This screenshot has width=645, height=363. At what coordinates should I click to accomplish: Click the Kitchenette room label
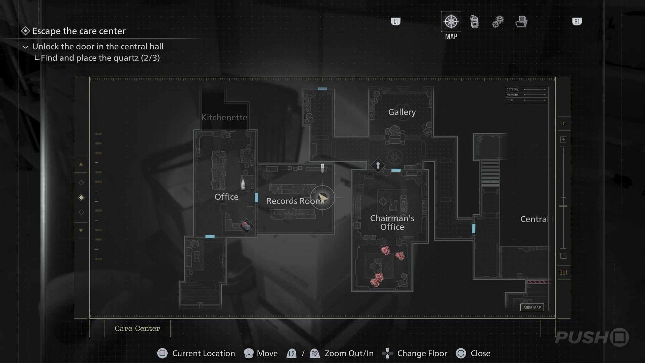pyautogui.click(x=224, y=117)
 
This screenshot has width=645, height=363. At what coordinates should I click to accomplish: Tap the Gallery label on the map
pyautogui.click(x=402, y=112)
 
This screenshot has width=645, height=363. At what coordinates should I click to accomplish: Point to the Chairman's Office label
pyautogui.click(x=392, y=223)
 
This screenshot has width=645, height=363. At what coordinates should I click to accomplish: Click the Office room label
pyautogui.click(x=226, y=197)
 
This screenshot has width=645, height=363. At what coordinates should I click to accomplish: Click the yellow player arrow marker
pyautogui.click(x=322, y=198)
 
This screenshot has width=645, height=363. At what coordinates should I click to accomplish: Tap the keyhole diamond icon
pyautogui.click(x=378, y=165)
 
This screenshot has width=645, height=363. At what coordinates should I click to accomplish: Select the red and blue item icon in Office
pyautogui.click(x=247, y=226)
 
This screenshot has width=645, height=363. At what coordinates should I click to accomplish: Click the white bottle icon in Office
pyautogui.click(x=243, y=184)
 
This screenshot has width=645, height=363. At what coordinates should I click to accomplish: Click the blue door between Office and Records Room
pyautogui.click(x=256, y=198)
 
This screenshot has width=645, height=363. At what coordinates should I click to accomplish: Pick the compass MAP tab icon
pyautogui.click(x=451, y=22)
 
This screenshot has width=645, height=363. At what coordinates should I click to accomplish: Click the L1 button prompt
pyautogui.click(x=396, y=22)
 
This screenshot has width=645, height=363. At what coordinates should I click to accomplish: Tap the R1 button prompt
pyautogui.click(x=577, y=22)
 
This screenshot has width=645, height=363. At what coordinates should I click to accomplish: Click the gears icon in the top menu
pyautogui.click(x=498, y=22)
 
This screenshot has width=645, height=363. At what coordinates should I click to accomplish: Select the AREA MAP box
pyautogui.click(x=532, y=308)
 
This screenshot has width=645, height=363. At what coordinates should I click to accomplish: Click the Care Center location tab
pyautogui.click(x=137, y=329)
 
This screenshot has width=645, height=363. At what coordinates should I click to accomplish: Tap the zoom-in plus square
pyautogui.click(x=563, y=139)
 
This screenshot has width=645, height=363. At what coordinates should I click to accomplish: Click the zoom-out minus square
pyautogui.click(x=563, y=256)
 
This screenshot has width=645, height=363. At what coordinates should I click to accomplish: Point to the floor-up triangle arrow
pyautogui.click(x=81, y=164)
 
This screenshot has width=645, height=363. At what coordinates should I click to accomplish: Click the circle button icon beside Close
pyautogui.click(x=461, y=353)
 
